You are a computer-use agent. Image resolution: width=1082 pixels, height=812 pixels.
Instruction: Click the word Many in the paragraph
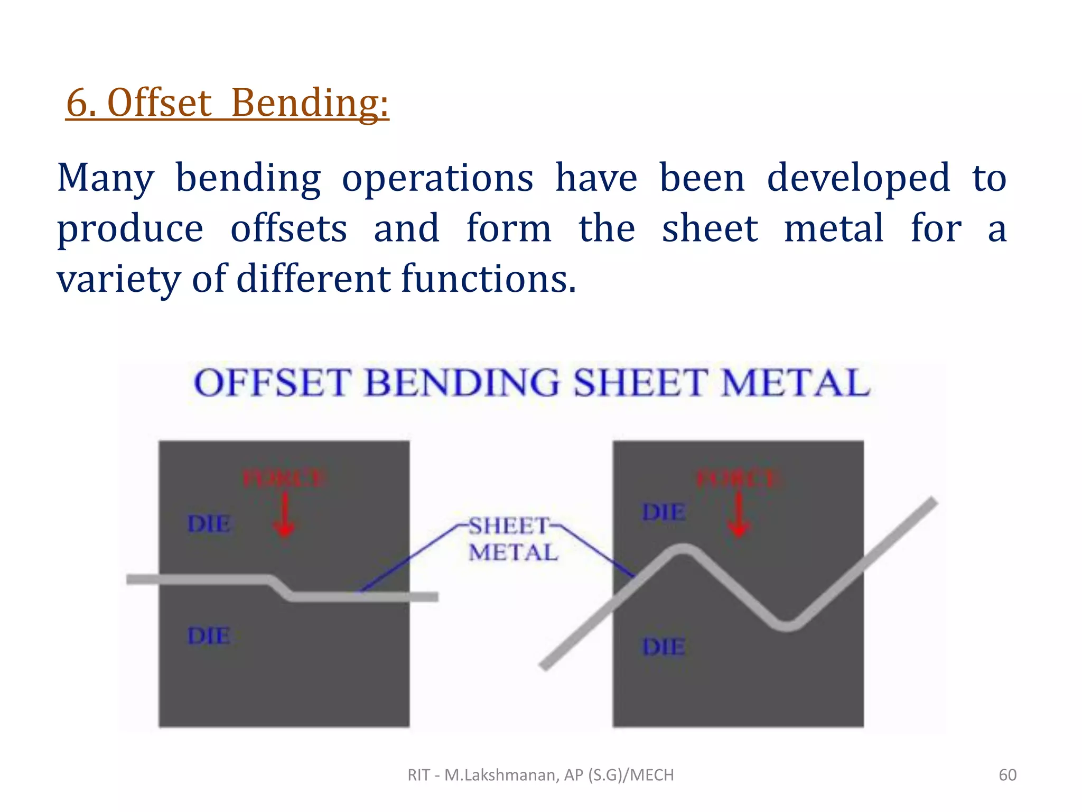coord(105,178)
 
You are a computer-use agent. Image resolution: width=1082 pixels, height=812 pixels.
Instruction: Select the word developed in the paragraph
coord(858,178)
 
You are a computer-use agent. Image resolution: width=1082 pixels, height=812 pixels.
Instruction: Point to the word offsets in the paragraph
coord(288,228)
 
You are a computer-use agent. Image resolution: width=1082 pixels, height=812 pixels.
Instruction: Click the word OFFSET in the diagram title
coord(272,383)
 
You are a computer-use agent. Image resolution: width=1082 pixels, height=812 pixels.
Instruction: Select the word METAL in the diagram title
coord(795,383)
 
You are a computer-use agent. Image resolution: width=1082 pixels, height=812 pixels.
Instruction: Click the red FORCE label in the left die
coord(284,478)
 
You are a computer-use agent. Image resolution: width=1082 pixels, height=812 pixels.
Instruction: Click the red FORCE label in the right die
coord(738,478)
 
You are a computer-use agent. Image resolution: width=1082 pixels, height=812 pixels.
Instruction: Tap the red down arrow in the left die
coord(285,515)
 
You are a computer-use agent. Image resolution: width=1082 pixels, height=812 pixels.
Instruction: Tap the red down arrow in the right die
coord(739,515)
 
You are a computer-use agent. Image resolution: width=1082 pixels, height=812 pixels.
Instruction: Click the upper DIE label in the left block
coord(209,524)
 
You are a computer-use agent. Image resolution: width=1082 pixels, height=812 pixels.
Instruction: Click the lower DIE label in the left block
coord(209,635)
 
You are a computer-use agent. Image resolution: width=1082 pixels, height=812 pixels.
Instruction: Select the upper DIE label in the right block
coord(664,512)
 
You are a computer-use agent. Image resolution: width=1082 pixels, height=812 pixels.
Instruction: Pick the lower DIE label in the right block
coord(664,647)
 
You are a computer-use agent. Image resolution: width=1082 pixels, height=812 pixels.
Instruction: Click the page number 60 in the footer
coord(1007,775)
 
